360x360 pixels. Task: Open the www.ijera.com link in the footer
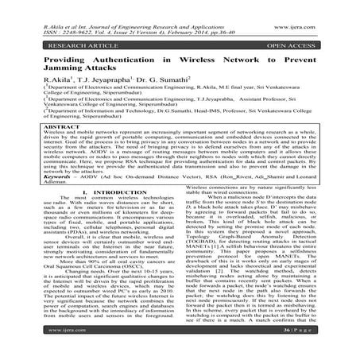tap(34, 346)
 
